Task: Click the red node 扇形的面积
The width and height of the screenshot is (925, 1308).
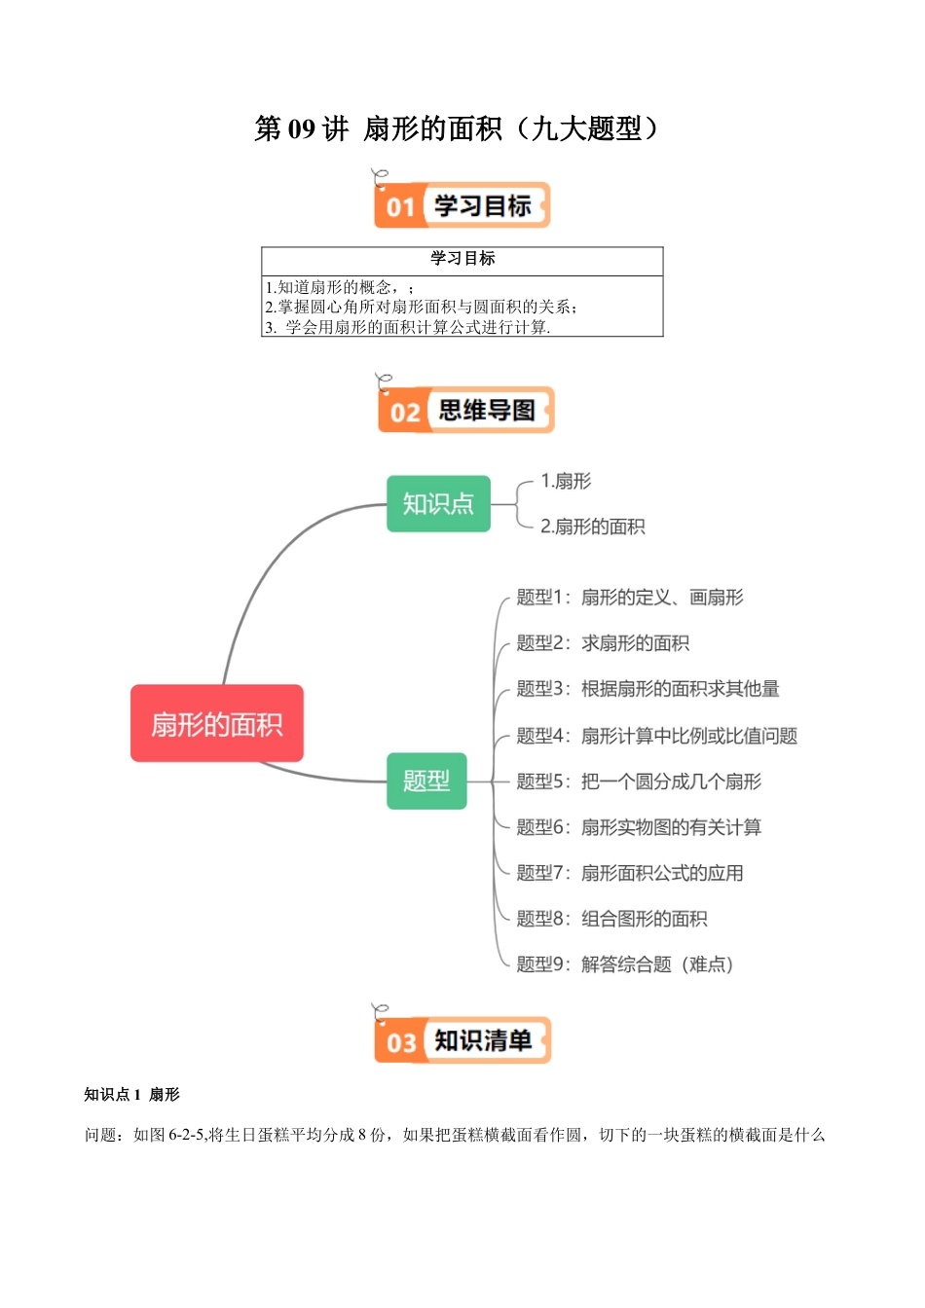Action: [x=216, y=723]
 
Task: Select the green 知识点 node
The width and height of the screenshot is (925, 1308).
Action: [x=438, y=503]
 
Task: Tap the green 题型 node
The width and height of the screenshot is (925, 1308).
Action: [x=426, y=781]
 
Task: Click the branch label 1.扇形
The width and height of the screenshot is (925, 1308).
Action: [x=566, y=481]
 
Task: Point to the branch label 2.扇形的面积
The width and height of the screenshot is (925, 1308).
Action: [x=592, y=527]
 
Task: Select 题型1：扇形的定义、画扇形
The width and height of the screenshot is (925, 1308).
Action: [x=629, y=598]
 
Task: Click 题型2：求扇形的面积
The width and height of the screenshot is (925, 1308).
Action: [x=603, y=643]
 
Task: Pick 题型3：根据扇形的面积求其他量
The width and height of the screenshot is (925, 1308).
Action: [x=647, y=689]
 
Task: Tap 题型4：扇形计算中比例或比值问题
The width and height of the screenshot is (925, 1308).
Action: [x=656, y=736]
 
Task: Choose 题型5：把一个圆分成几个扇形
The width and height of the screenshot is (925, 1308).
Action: [x=639, y=781]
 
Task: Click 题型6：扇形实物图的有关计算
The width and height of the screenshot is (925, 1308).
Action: [x=639, y=827]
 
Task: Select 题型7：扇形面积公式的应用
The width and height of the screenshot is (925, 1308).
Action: [x=629, y=873]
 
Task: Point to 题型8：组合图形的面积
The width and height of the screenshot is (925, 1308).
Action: [x=611, y=919]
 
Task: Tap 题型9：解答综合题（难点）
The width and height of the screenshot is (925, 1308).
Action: [x=624, y=964]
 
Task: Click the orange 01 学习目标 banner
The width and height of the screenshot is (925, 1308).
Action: [x=462, y=205]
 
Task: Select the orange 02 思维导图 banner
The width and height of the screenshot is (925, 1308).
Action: [x=465, y=410]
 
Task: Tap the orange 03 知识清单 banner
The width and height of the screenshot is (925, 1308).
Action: [x=462, y=1040]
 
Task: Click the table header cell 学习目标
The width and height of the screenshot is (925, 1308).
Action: [x=462, y=259]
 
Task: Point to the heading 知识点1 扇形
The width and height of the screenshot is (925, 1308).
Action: [x=131, y=1095]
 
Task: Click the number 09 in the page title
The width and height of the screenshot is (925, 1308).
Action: [x=302, y=128]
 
